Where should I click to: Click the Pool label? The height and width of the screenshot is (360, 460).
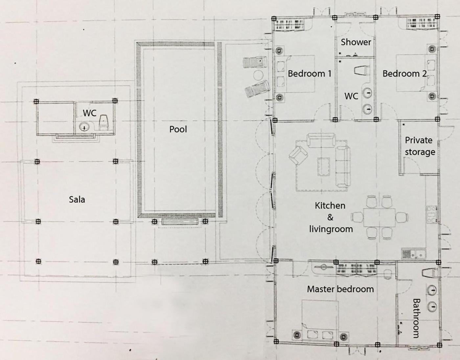[x=178, y=129]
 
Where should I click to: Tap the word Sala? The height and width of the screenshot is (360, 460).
[x=77, y=200]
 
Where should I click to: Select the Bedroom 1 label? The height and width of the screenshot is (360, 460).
[x=310, y=74]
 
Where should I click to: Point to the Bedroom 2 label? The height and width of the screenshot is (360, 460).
[x=404, y=74]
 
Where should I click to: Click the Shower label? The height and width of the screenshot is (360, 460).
[x=356, y=42]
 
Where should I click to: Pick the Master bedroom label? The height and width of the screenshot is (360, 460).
[x=340, y=289]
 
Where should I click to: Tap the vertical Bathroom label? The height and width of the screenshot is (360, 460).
[x=416, y=318]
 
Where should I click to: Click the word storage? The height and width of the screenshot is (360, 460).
[x=420, y=152]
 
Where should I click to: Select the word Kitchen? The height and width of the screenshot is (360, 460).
[x=330, y=205]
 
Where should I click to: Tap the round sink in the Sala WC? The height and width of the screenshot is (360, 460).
[x=84, y=127]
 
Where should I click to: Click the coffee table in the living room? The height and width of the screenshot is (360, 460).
[x=323, y=166]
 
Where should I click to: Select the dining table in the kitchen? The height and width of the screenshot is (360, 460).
[x=379, y=217]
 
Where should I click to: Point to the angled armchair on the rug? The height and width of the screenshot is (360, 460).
[x=298, y=155]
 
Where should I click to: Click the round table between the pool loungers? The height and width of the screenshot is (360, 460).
[x=259, y=75]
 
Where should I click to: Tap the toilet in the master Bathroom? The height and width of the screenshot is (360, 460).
[x=429, y=273]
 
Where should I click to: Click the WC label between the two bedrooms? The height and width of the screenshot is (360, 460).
[x=351, y=96]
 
